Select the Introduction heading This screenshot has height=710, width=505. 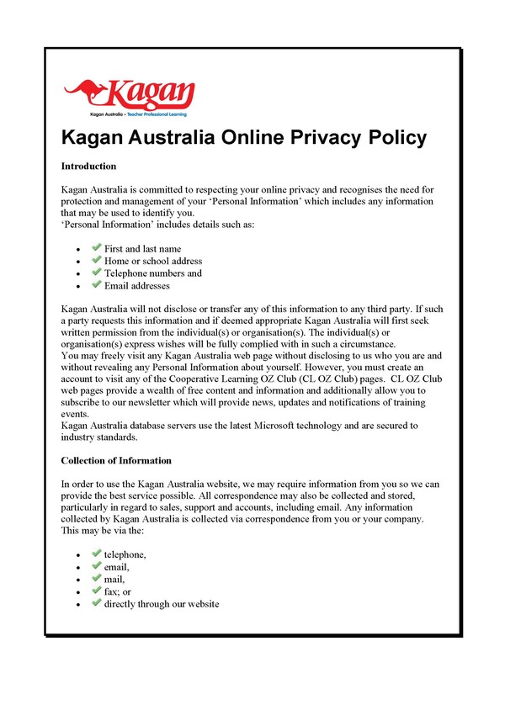tap(88, 166)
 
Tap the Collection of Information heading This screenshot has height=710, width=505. tap(116, 461)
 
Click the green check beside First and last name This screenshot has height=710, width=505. tap(97, 248)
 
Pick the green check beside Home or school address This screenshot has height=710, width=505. tap(97, 261)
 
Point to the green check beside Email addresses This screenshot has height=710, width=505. tap(97, 285)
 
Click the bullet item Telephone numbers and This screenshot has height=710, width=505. tap(152, 273)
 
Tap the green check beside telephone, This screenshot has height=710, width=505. tap(97, 554)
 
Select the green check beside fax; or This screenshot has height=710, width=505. tap(97, 591)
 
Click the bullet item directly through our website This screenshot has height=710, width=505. tap(162, 604)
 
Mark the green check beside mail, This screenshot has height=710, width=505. tap(97, 579)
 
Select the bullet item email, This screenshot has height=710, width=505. tap(117, 567)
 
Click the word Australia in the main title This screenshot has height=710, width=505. tap(184, 137)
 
